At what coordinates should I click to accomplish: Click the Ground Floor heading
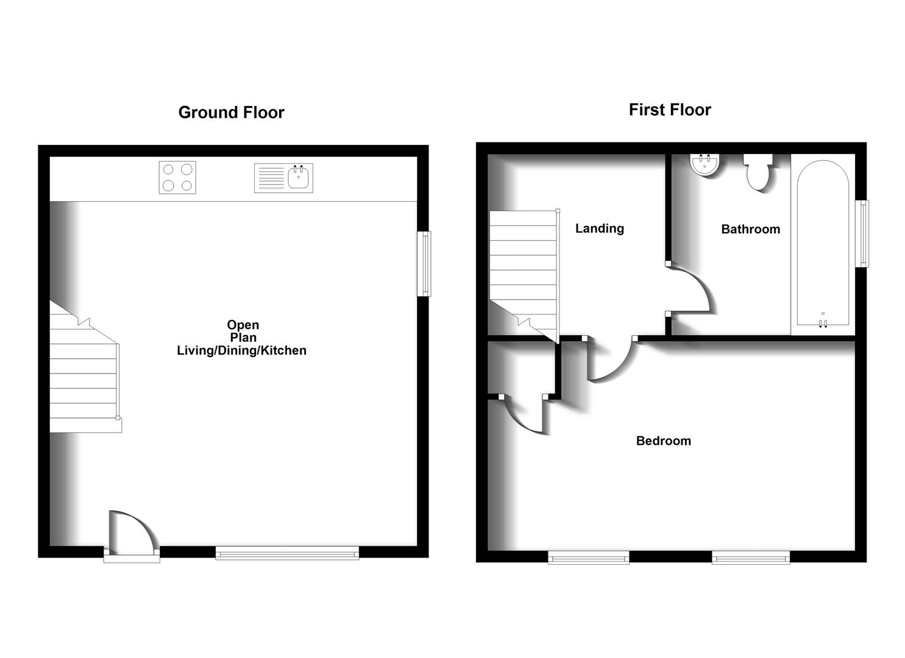pos(231,113)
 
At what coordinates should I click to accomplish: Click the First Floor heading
pos(670,110)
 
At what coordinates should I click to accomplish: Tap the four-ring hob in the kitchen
pos(177,177)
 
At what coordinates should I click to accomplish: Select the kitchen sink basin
pos(299,177)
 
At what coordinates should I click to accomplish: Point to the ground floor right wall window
pos(424,263)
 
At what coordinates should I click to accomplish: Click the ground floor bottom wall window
pos(287,553)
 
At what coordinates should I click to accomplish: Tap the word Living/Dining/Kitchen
pos(241,350)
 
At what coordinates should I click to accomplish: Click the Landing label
pos(600,228)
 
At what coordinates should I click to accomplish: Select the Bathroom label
pos(750,229)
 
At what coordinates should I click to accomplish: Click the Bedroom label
pos(663,441)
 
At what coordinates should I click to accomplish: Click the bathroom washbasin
pos(706,164)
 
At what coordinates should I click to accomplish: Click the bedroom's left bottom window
pos(588,557)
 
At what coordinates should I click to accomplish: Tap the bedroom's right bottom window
pos(751,557)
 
